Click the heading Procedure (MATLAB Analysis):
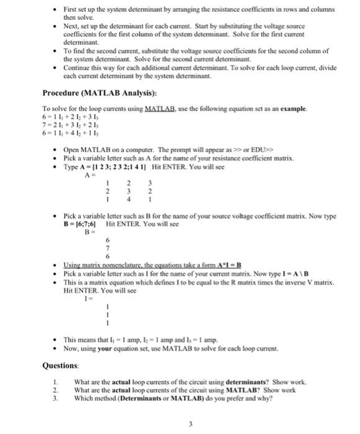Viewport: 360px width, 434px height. coord(91,94)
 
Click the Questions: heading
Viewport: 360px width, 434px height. coord(60,366)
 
